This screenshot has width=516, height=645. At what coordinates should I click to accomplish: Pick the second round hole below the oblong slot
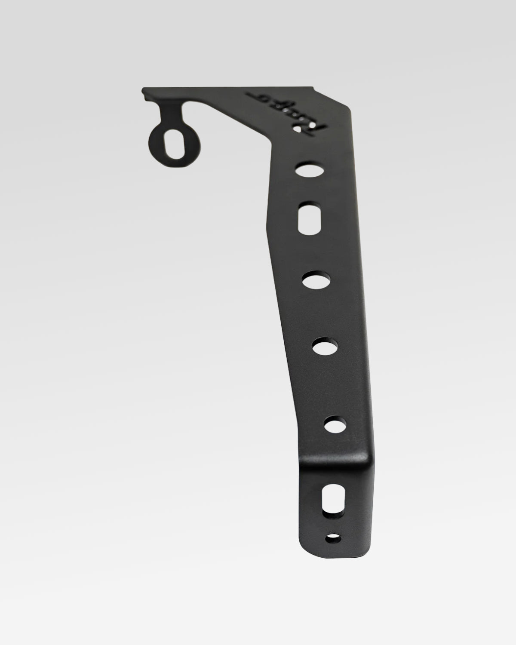pyautogui.click(x=325, y=347)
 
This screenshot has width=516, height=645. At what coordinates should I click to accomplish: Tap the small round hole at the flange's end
pyautogui.click(x=333, y=537)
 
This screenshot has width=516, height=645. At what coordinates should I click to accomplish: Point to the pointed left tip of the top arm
pyautogui.click(x=144, y=90)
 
